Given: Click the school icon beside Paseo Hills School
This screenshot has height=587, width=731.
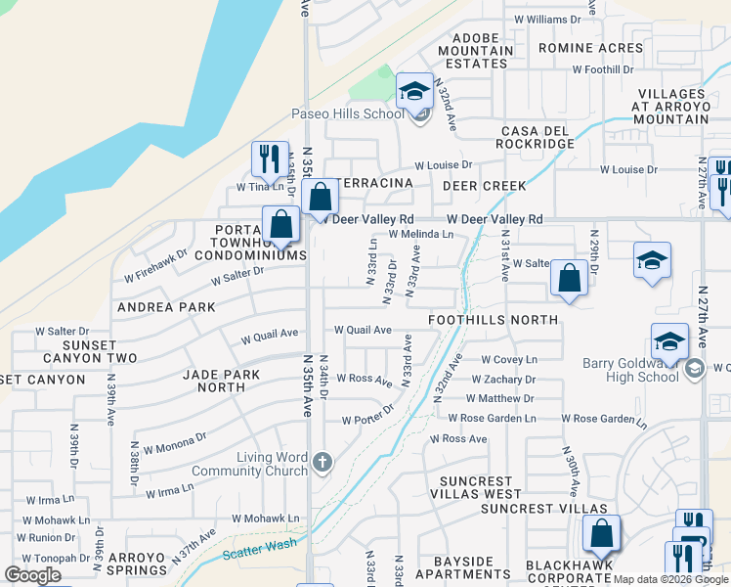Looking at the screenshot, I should coord(415,91).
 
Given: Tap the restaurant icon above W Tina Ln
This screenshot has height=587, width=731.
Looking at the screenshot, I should coord(269,158).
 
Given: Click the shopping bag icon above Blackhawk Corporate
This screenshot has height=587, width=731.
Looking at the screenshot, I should coord(601,533).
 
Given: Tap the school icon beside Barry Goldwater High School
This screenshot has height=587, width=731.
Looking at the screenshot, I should coord(669,341).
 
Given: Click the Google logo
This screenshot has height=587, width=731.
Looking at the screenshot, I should coord(33,575).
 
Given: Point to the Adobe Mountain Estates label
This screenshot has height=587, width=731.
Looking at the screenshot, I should coord(476,51).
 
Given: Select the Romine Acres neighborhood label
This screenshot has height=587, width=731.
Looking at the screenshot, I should coord(590,48).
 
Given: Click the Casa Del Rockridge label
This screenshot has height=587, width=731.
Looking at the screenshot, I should coord(537,137).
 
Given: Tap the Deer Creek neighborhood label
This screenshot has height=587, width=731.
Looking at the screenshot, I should coord(484,186).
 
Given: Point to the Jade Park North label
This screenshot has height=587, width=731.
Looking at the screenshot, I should coord(222,381).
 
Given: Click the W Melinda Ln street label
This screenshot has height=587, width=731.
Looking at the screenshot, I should coord(420,235).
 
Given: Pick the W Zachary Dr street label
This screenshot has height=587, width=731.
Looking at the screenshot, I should coord(504,379).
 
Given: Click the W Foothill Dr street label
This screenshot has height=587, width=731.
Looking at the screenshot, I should coord(603,70).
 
